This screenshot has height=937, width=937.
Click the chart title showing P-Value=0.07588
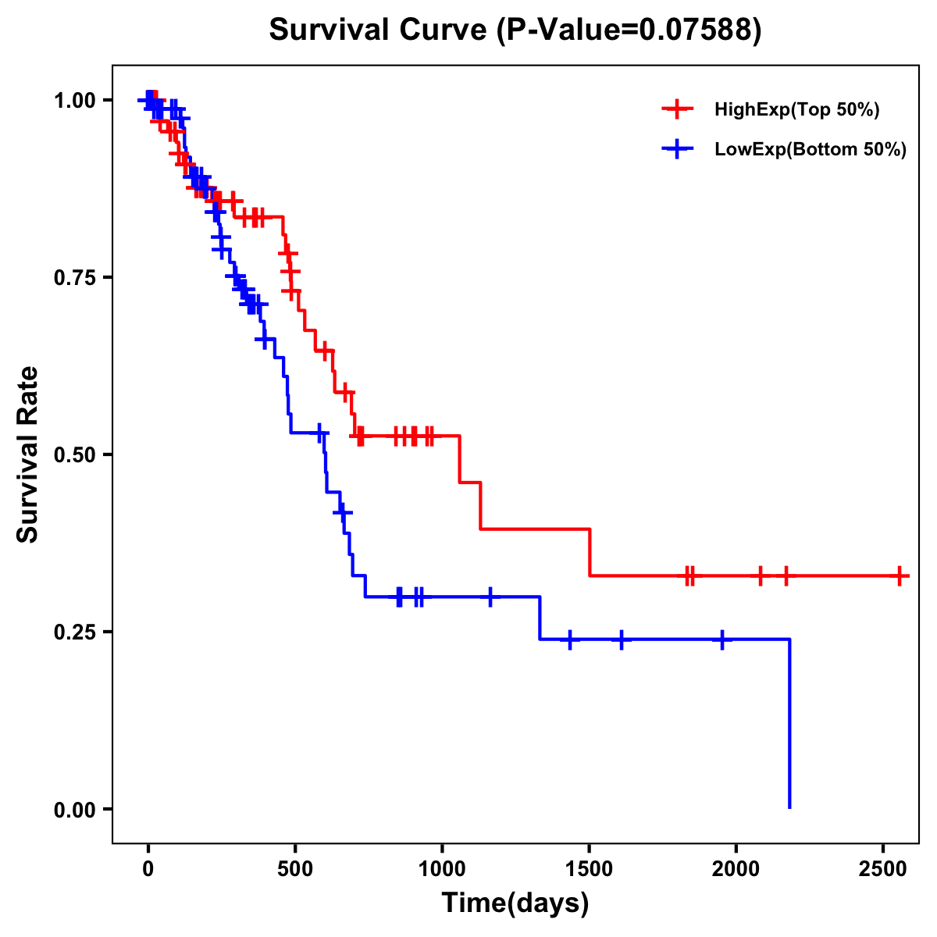pyautogui.click(x=515, y=30)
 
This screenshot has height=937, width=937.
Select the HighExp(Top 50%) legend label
pyautogui.click(x=796, y=110)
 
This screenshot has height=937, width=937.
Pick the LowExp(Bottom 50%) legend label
pyautogui.click(x=811, y=150)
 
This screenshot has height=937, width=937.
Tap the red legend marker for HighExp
pyautogui.click(x=677, y=110)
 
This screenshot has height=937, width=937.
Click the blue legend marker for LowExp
pyautogui.click(x=677, y=150)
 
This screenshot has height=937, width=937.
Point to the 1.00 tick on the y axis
pyautogui.click(x=75, y=101)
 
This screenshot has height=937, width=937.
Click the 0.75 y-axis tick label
pyautogui.click(x=75, y=278)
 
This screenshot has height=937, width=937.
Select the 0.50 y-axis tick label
pyautogui.click(x=75, y=455)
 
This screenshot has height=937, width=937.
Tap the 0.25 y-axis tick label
pyautogui.click(x=75, y=632)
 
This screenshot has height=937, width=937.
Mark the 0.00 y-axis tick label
pyautogui.click(x=75, y=810)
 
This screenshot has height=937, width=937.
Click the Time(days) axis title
pyautogui.click(x=515, y=903)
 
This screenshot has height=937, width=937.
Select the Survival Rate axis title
pyautogui.click(x=28, y=454)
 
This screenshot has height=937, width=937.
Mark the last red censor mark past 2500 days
pyautogui.click(x=900, y=576)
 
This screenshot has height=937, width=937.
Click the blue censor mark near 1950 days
pyautogui.click(x=722, y=640)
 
